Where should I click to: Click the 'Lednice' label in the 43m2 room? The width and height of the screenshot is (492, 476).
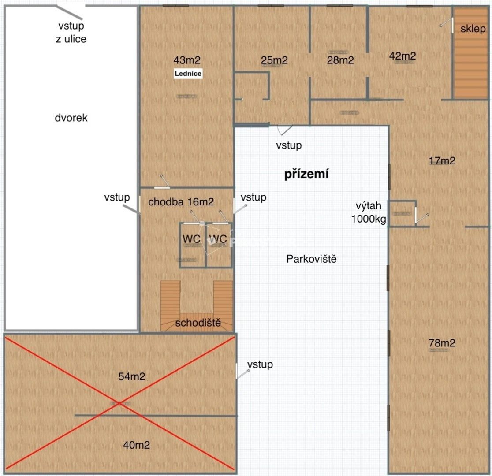click(188, 74)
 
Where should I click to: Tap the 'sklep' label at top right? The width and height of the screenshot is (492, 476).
click(473, 29)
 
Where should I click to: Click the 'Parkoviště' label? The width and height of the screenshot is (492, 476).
click(311, 259)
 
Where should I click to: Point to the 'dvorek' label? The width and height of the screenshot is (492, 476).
click(71, 118)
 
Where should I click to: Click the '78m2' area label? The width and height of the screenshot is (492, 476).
click(442, 342)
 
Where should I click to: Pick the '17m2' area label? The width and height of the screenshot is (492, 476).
click(442, 161)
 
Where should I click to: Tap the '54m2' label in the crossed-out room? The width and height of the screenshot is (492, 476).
click(132, 376)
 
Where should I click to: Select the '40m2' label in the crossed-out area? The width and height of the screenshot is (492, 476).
click(136, 445)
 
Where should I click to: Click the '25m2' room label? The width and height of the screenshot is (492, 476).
click(274, 60)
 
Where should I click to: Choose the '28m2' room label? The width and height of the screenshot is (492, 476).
click(340, 60)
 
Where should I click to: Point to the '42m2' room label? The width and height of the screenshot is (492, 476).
click(403, 56)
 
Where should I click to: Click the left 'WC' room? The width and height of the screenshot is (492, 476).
click(192, 239)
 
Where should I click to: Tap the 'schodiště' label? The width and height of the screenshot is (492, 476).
click(198, 323)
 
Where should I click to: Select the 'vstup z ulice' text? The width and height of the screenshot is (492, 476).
click(71, 33)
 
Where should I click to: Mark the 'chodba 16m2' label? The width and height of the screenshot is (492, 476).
click(181, 202)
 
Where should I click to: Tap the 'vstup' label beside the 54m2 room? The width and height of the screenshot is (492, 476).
click(260, 364)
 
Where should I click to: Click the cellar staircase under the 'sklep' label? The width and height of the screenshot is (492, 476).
click(471, 68)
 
